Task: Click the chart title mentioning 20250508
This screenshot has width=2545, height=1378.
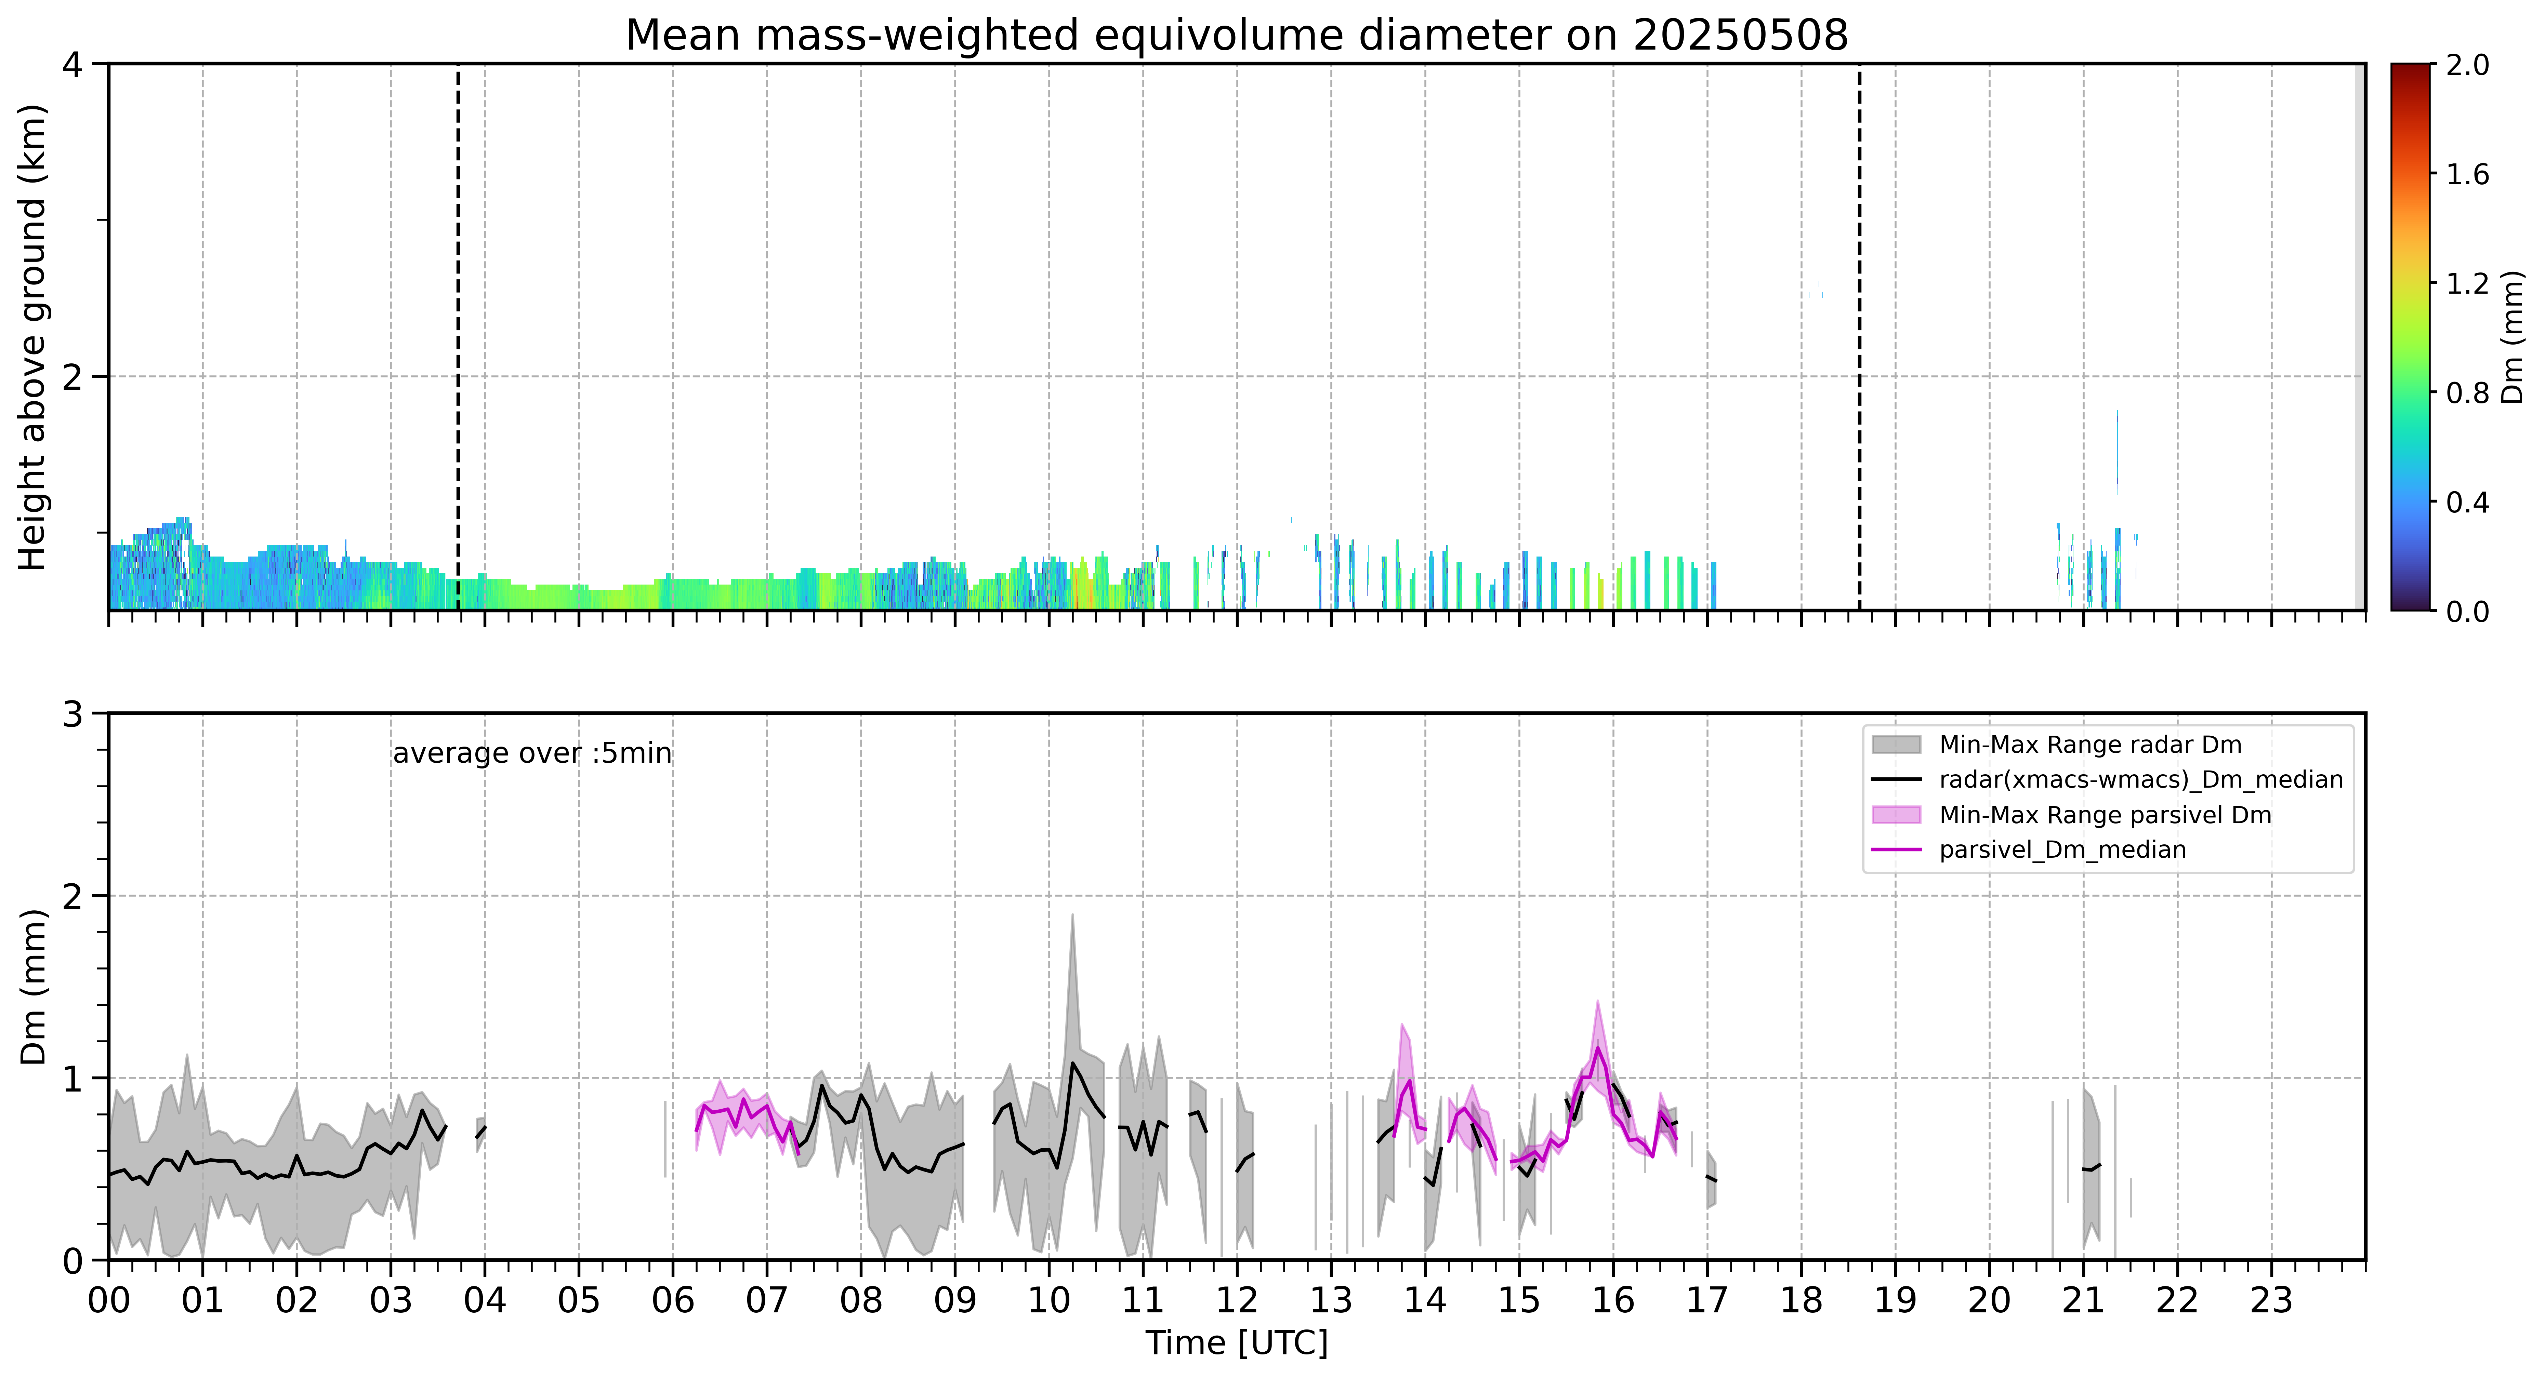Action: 1236,36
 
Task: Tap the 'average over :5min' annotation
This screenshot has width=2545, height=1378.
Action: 531,754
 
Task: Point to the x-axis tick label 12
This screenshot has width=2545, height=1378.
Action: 1237,1300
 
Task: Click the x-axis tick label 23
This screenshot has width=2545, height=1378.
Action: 2271,1300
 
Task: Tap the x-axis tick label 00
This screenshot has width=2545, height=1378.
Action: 109,1300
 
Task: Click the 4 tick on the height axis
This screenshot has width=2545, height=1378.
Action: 72,64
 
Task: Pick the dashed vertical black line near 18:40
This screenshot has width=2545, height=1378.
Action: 1859,337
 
